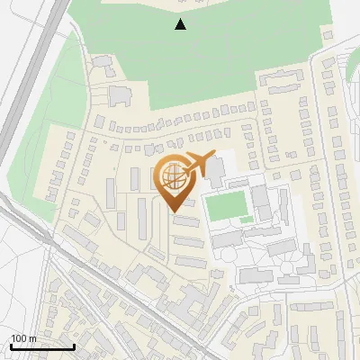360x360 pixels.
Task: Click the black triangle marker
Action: point(181,24)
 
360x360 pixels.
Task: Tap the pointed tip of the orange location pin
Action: point(175,210)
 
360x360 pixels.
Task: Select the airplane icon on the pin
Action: point(200,165)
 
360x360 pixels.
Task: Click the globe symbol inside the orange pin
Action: point(174,176)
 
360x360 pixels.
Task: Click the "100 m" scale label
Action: point(23,338)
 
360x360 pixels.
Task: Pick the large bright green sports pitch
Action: point(227,206)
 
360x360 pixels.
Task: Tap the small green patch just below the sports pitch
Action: point(247,220)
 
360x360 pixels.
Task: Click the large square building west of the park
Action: point(119,94)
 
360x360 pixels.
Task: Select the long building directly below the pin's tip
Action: point(184,221)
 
